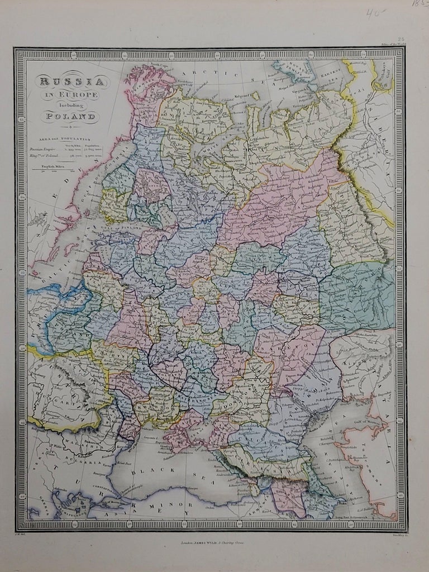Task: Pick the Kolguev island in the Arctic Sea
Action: [255, 96]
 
